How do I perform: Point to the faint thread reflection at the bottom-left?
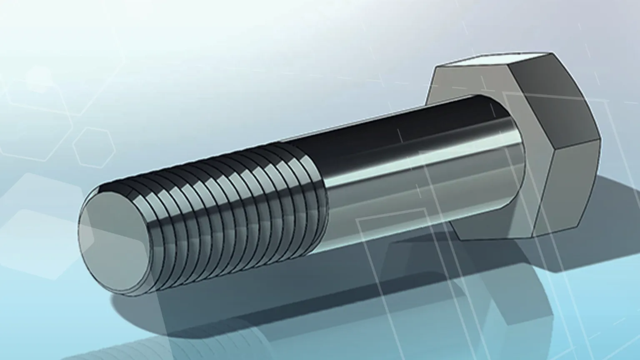125,348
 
